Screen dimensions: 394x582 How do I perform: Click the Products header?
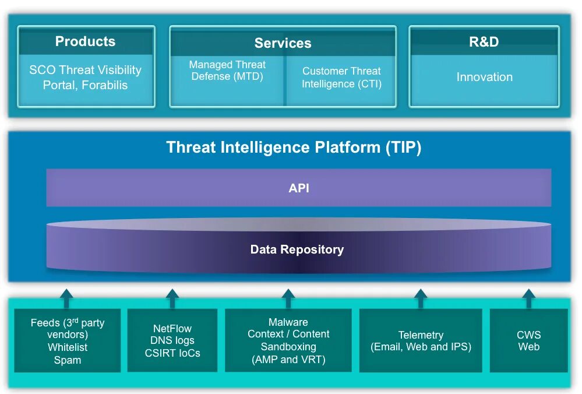point(85,41)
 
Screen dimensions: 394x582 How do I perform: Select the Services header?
point(283,43)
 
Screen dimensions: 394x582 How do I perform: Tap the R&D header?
point(484,41)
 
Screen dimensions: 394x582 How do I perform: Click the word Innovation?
point(484,77)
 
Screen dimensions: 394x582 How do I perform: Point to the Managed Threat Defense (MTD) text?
point(227,71)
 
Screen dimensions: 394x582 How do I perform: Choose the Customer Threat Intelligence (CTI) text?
point(341,78)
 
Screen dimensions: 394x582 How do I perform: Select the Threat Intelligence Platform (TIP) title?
point(294,147)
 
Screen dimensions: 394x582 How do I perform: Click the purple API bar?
point(298,188)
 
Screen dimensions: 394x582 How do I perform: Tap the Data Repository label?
point(297,249)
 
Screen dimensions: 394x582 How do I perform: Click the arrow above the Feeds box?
point(66,298)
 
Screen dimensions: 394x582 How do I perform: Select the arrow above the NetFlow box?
point(172,298)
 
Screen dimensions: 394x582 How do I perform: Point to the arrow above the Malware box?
point(288,298)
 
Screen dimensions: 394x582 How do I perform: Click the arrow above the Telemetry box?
point(421,298)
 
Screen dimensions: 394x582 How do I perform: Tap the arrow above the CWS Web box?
point(528,298)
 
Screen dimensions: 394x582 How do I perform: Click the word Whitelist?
point(68,347)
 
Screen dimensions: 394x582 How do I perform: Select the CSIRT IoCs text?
point(172,353)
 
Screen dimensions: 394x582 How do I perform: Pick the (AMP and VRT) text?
point(288,359)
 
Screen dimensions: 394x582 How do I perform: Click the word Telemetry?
point(421,335)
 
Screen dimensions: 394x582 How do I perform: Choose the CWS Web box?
point(528,341)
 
